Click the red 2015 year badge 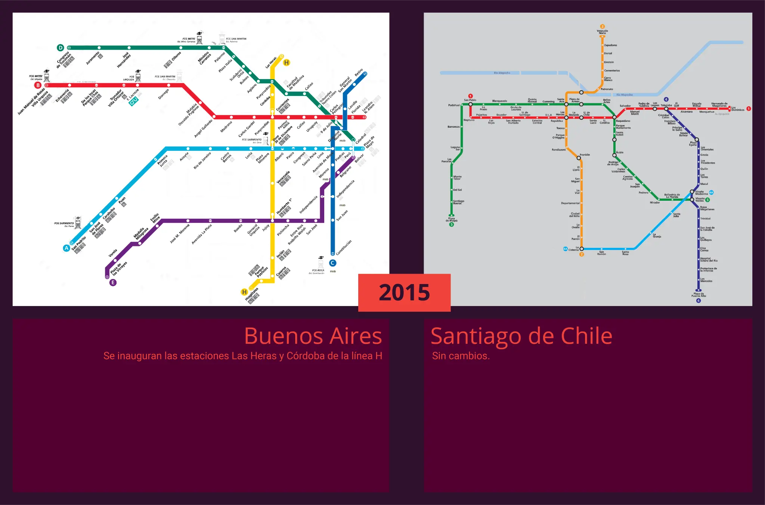coord(404,293)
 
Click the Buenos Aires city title coord(313,336)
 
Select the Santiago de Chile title coord(521,336)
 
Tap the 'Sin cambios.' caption coord(461,356)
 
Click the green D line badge coord(61,48)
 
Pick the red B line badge coord(38,85)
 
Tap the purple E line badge coord(113,283)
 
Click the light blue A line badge coord(66,248)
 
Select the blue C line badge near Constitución coord(332,263)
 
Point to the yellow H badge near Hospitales coord(244,292)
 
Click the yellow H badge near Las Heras coord(287,62)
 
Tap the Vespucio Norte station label coord(602,32)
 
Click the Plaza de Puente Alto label coord(699,295)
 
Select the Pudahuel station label coord(454,105)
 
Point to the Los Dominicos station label coord(738,109)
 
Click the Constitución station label coord(344,248)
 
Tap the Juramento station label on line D coord(93,58)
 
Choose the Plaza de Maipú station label coord(451,219)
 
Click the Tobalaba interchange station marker coord(666,109)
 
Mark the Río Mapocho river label coord(624,95)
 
